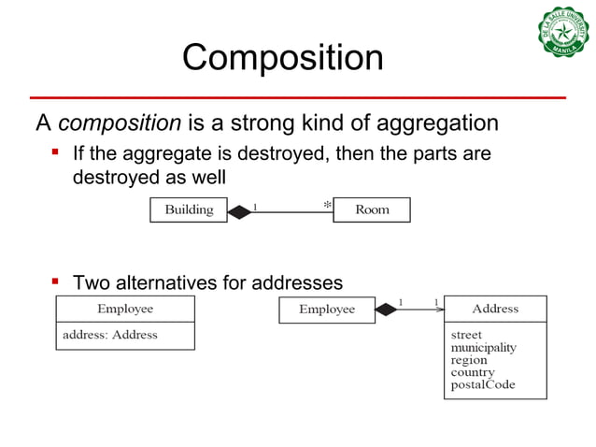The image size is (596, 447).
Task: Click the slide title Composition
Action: click(x=282, y=58)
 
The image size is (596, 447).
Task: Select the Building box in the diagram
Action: click(x=189, y=210)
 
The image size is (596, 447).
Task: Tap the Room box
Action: click(x=372, y=210)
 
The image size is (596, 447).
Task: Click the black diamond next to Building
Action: click(x=239, y=211)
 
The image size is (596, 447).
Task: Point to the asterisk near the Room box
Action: click(x=327, y=204)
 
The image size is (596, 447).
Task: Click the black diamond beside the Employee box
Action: click(x=385, y=310)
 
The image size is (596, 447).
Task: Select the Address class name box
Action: click(x=495, y=309)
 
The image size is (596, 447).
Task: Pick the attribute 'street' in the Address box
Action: click(x=466, y=334)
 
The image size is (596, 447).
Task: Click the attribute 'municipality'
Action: click(x=483, y=347)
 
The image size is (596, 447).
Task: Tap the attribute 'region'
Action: click(x=469, y=359)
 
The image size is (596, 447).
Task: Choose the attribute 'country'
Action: click(x=473, y=372)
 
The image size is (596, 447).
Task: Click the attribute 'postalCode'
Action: click(x=482, y=384)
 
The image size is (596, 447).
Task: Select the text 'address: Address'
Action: click(x=109, y=334)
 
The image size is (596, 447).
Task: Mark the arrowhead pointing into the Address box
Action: click(x=439, y=310)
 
